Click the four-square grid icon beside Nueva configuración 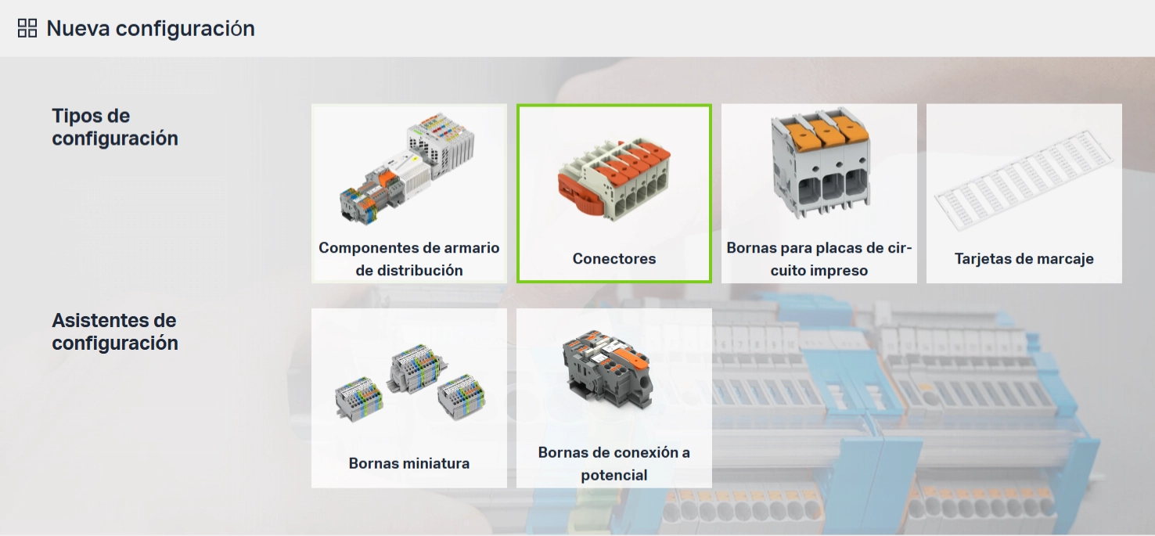point(27,28)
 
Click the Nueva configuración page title point(150,28)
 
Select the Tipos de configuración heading point(115,127)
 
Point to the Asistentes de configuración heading point(115,332)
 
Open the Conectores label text point(614,258)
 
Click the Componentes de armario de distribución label point(409,259)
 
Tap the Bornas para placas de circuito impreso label point(819,259)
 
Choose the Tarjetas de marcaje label point(1024,258)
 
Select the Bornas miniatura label point(409,462)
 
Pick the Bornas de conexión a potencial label point(614,463)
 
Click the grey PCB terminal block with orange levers point(821,162)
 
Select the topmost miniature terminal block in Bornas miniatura point(416,368)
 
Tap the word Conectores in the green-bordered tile point(614,258)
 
